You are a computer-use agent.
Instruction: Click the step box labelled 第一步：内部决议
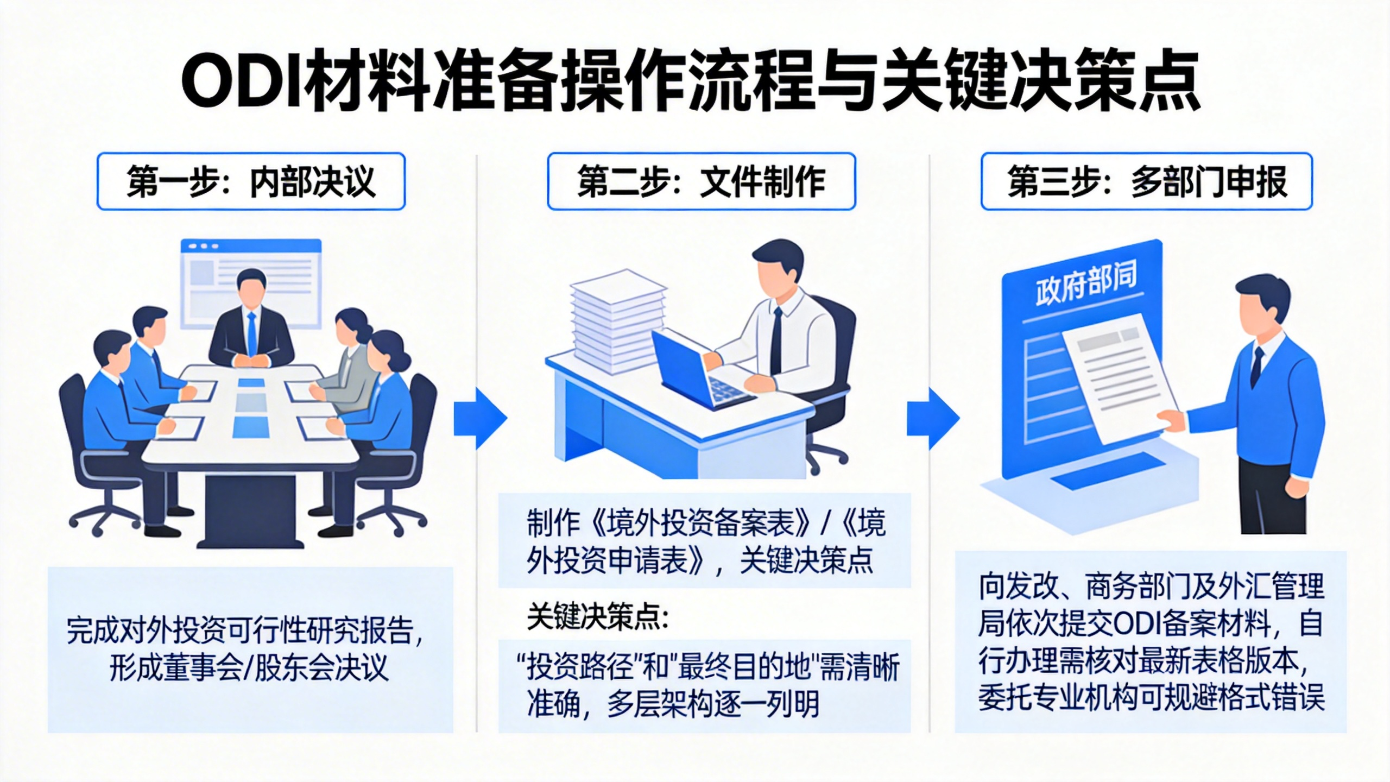coord(251,181)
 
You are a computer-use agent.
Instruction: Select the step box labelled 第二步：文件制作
coord(701,181)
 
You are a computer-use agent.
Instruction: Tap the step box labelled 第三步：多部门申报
coord(1146,181)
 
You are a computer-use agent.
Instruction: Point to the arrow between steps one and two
coord(480,418)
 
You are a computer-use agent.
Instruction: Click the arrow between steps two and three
coord(933,418)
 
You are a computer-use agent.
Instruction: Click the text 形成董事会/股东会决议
coord(249,667)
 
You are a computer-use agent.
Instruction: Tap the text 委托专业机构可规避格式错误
coord(1151,696)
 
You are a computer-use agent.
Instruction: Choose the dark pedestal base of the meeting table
coord(250,510)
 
